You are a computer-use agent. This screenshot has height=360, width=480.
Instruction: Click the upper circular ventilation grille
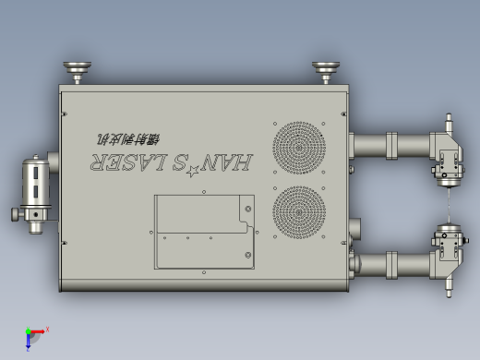(299, 147)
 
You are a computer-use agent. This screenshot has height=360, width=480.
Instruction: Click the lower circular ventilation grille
(299, 211)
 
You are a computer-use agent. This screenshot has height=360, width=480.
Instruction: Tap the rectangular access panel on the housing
(203, 232)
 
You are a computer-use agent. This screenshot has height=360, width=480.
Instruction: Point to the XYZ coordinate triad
(33, 336)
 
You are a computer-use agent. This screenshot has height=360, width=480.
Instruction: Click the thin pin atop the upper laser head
(450, 122)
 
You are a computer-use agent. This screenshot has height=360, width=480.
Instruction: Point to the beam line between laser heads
(450, 205)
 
